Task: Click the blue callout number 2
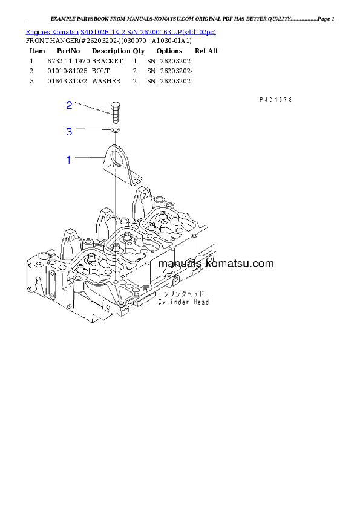coord(69,105)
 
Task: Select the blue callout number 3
coord(69,131)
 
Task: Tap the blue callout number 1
coord(69,160)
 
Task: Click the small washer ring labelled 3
coord(115,129)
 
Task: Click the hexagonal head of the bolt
coord(114,106)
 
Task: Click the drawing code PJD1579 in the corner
coord(276,99)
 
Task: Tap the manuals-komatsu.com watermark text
coord(216,264)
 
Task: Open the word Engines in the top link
coord(38,31)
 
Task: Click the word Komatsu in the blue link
coord(66,31)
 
